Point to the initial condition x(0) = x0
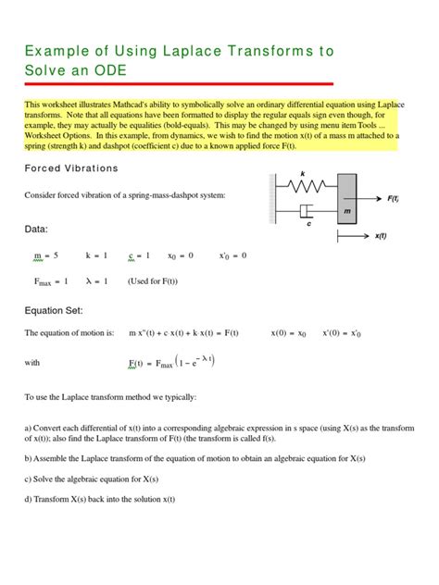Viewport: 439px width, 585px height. point(288,332)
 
